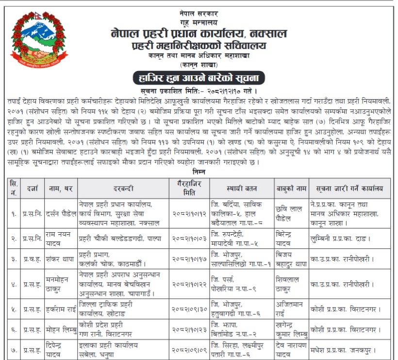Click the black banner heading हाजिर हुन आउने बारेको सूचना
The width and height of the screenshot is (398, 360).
[199, 78]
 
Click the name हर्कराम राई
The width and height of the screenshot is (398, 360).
[61, 309]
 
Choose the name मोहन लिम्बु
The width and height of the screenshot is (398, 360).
[61, 329]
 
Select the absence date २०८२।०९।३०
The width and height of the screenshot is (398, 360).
[188, 309]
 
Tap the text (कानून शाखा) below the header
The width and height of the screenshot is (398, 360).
[198, 64]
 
